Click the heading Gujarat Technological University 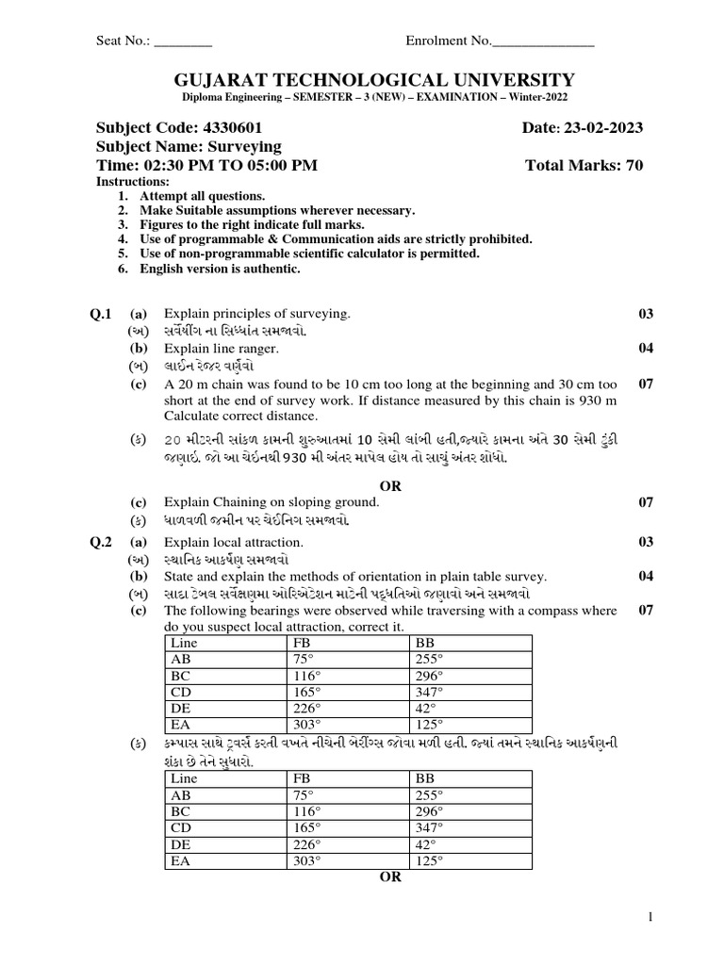pos(362,80)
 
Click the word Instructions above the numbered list pos(133,181)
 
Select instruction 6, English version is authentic pos(220,269)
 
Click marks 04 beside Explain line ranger pos(646,349)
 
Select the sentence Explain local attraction pos(234,542)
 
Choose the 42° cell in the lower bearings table pos(424,843)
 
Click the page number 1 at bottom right pos(650,917)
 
